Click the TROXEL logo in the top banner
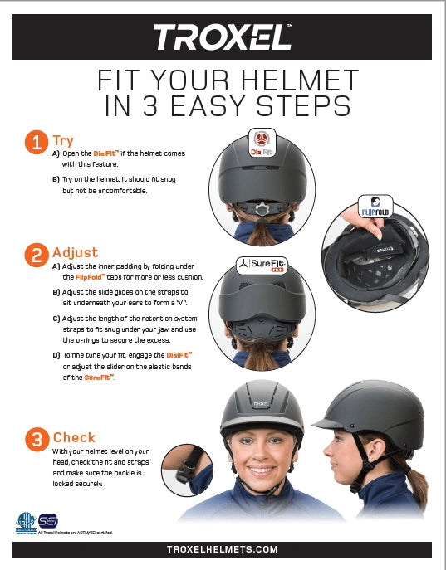tap(223, 37)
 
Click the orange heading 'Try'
tap(63, 140)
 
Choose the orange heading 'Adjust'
tap(75, 252)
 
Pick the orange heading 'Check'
tap(74, 437)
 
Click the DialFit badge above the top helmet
tap(262, 142)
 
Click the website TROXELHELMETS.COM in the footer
tap(223, 549)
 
